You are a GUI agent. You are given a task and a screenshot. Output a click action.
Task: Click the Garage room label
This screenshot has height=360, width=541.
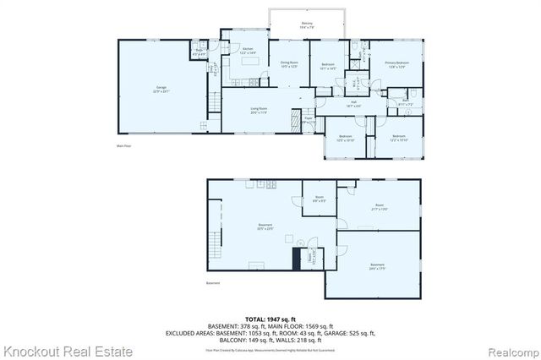[x=161, y=90]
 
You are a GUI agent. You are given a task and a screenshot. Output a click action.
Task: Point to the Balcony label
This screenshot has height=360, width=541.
[x=307, y=25]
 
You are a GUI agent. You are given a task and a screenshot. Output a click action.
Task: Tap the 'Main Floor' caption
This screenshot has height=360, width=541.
[x=124, y=146]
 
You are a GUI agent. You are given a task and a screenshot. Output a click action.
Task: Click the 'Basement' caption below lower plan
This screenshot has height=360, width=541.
[x=213, y=283]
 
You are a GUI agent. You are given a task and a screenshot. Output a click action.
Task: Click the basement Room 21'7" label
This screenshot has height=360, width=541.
[x=380, y=207]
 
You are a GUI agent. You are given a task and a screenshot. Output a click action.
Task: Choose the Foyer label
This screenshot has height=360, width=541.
[x=310, y=120]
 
